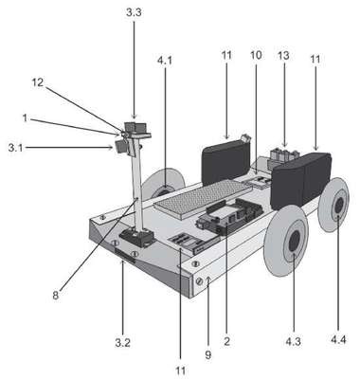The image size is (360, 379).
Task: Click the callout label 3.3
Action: click(134, 12)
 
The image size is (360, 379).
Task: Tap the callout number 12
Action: click(38, 82)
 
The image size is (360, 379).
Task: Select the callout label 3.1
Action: click(16, 148)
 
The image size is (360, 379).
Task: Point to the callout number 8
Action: click(56, 296)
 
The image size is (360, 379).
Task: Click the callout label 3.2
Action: click(123, 343)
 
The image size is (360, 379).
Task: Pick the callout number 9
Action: click(207, 355)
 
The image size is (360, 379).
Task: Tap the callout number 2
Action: click(226, 341)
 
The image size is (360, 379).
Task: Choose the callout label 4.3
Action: click(294, 342)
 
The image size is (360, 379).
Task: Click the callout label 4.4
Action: click(338, 340)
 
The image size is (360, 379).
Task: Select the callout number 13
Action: click(283, 56)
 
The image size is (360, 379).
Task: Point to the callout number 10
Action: click(256, 55)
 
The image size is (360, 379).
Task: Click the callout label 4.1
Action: click(165, 61)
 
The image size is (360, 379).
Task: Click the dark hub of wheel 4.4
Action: click(339, 206)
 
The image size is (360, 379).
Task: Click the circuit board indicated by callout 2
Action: click(229, 216)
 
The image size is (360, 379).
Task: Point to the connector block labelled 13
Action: click(283, 157)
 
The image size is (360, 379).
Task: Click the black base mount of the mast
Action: click(136, 237)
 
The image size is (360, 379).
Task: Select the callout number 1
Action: click(25, 118)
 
